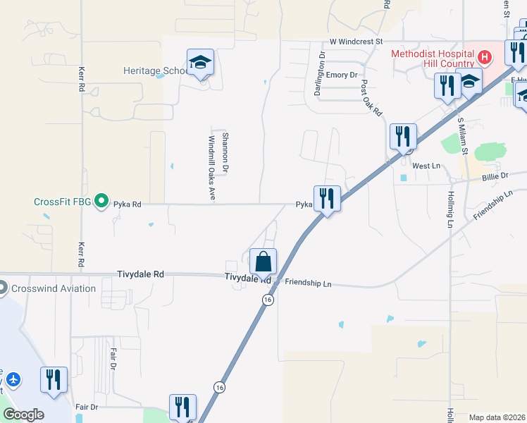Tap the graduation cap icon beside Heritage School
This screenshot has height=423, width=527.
[x=200, y=62]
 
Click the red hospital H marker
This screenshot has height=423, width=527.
[x=485, y=56]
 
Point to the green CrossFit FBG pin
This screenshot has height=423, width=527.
[x=101, y=202]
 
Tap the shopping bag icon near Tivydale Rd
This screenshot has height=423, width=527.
[x=263, y=262]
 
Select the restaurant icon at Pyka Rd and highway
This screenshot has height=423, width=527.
[x=327, y=198]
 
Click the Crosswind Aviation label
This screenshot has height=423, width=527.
[x=52, y=288]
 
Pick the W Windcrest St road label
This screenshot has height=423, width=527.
[x=356, y=42]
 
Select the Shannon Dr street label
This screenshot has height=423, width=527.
[x=225, y=152]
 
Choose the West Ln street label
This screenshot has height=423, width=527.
[x=426, y=166]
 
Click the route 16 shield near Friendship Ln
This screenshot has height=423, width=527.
[x=267, y=300]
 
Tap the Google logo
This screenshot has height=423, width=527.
[x=23, y=415]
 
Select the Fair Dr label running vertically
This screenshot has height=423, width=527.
[x=113, y=359]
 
